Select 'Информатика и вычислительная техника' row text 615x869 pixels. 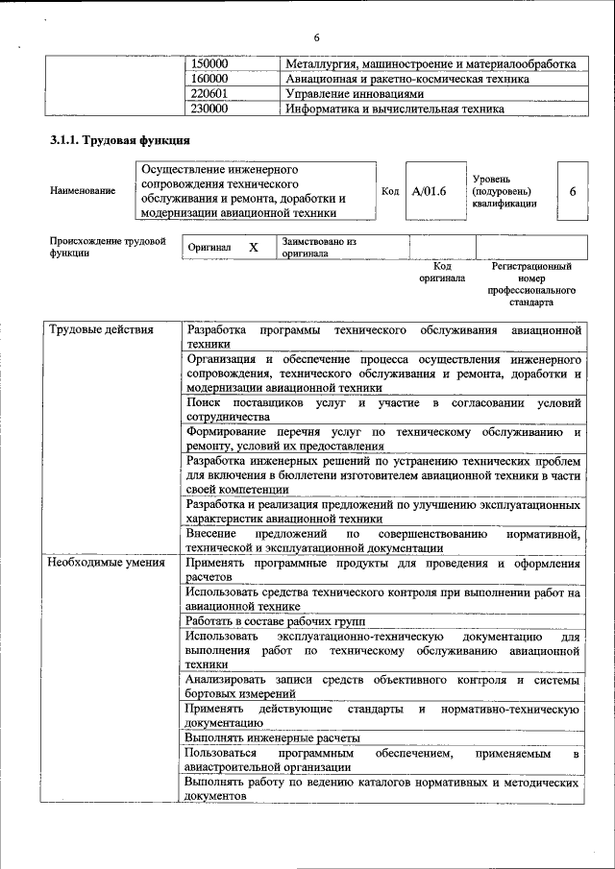395,109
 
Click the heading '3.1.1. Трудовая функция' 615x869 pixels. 112,141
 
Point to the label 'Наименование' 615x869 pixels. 82,190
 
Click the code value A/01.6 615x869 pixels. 430,191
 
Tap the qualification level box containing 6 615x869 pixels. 572,191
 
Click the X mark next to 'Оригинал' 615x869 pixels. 254,247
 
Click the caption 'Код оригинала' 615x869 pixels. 442,272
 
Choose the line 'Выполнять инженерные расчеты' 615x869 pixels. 273,738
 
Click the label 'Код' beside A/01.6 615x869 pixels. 390,191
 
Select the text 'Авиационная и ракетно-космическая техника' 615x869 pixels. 407,79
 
